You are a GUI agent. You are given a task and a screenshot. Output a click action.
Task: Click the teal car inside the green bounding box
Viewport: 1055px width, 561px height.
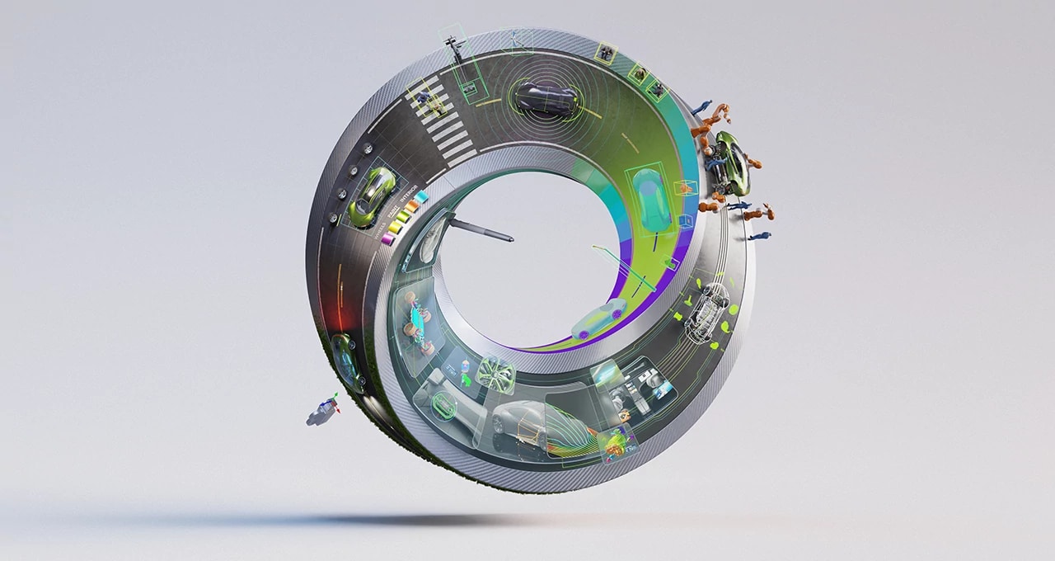[652, 199]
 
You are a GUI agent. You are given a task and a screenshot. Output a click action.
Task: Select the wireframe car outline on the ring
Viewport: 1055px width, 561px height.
[706, 311]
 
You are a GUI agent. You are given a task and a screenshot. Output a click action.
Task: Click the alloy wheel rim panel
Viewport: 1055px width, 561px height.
[495, 372]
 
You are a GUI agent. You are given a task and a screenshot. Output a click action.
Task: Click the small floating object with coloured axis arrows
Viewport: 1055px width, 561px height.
[323, 411]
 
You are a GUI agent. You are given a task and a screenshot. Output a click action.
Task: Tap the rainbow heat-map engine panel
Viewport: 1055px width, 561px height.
[617, 445]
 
